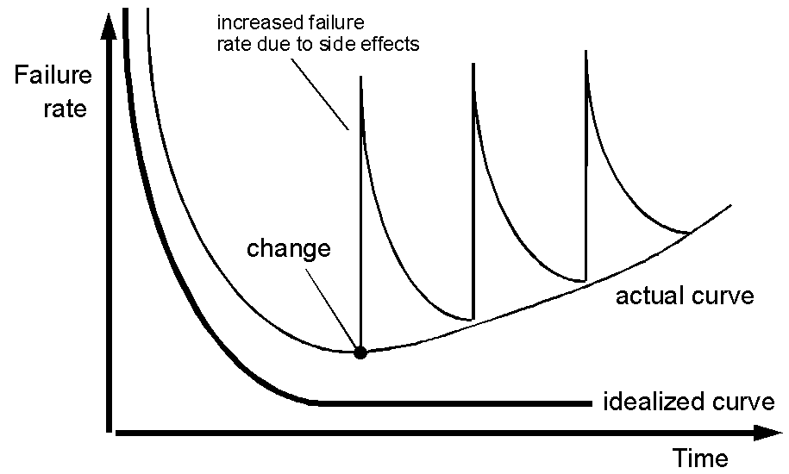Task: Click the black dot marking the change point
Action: tap(360, 352)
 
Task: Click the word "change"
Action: tap(289, 249)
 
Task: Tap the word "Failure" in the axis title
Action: tap(53, 75)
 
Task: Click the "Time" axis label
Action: tap(700, 458)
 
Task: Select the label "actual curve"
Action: tap(685, 296)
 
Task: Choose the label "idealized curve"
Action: tap(689, 402)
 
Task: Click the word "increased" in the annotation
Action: tap(252, 23)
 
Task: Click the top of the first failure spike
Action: tap(360, 77)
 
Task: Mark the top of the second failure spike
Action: tap(473, 64)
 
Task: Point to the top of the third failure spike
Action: tap(585, 51)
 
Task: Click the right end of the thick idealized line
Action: tap(592, 403)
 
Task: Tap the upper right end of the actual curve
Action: tap(730, 205)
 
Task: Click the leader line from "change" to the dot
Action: tap(332, 309)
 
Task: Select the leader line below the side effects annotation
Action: tap(320, 94)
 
